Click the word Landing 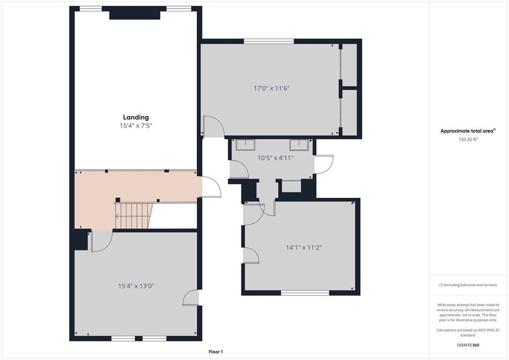136,117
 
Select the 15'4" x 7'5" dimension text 136,126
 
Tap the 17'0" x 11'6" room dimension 271,88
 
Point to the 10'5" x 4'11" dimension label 275,158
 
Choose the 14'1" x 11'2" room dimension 304,248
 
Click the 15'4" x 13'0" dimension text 136,286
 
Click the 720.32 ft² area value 468,140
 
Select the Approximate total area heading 468,131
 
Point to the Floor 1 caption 216,352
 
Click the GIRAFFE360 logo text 468,345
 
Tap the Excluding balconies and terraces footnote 468,285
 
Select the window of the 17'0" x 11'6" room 269,41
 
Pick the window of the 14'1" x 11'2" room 305,293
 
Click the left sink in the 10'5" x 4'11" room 245,145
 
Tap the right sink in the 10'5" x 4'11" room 299,145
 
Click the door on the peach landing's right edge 211,186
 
